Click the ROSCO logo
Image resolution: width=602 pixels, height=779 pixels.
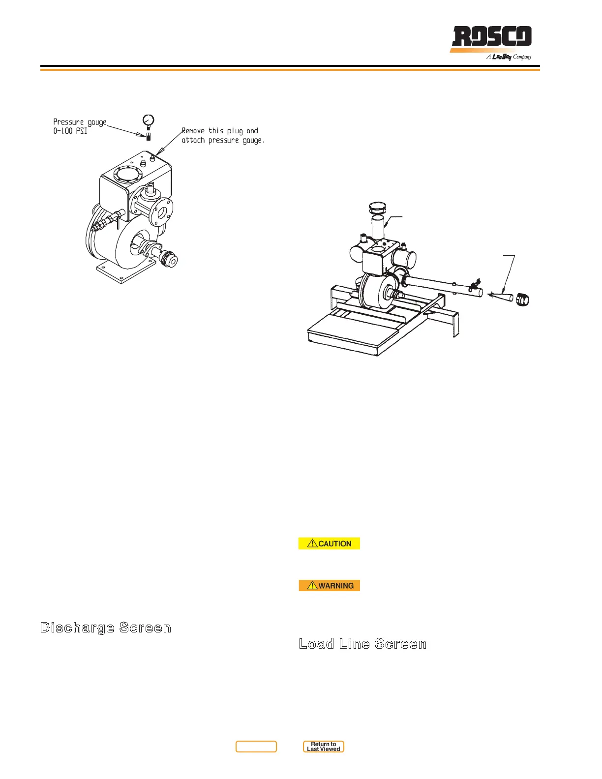(x=491, y=37)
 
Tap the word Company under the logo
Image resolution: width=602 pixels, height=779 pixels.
(x=522, y=57)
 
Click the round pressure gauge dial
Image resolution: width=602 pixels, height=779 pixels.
(x=148, y=120)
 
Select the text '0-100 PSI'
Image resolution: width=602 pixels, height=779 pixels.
(x=70, y=131)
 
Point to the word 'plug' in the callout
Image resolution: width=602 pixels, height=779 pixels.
(x=235, y=131)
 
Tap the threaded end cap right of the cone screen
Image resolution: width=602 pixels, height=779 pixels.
(x=522, y=299)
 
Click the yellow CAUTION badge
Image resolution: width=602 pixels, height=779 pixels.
(x=329, y=543)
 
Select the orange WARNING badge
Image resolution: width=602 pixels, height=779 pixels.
(x=329, y=585)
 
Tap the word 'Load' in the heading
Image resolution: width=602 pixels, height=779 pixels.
(x=316, y=644)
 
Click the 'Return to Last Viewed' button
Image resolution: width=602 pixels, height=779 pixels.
(x=323, y=747)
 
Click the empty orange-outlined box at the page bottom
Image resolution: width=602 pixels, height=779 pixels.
(x=256, y=747)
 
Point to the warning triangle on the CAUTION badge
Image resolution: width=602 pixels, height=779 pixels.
(x=312, y=543)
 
